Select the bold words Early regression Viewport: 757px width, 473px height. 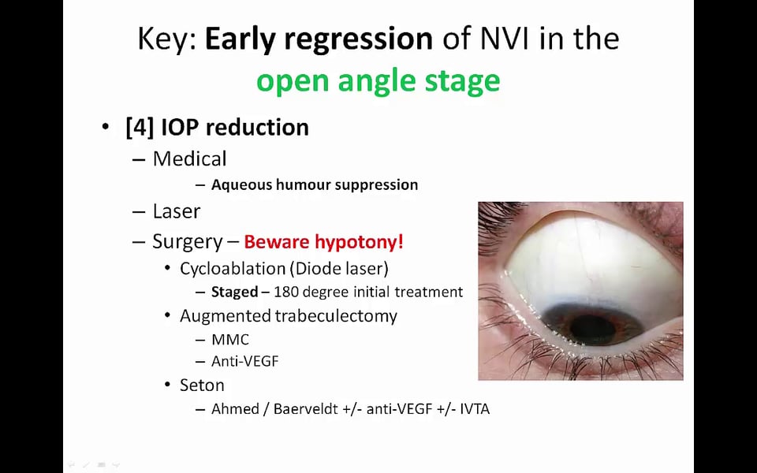(x=319, y=39)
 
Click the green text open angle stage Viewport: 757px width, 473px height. (x=378, y=81)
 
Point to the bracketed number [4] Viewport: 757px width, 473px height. (x=140, y=128)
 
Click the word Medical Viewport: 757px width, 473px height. (x=189, y=158)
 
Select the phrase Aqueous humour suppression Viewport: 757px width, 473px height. (x=315, y=184)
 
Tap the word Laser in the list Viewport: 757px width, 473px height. (x=176, y=211)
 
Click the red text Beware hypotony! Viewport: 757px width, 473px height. (x=323, y=242)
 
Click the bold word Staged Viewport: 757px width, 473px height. (x=235, y=292)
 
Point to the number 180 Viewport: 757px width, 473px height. (x=285, y=292)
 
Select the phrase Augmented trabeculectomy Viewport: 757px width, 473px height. (x=289, y=315)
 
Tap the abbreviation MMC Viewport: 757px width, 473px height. (x=230, y=340)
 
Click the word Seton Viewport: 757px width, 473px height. (x=202, y=385)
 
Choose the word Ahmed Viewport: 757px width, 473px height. (x=235, y=409)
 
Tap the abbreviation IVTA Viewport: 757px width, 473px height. (x=475, y=409)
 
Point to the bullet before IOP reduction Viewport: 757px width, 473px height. (x=106, y=127)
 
